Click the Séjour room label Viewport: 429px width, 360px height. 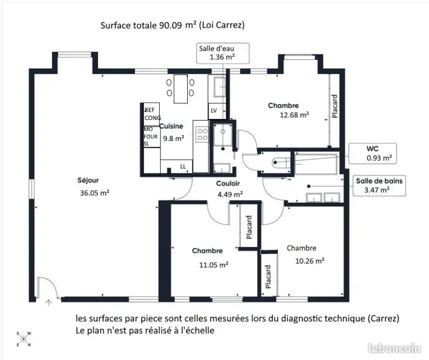[88, 181]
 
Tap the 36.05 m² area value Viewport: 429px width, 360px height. [95, 193]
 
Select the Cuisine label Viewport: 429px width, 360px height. [171, 126]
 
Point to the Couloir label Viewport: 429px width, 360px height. [228, 183]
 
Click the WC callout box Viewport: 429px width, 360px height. [372, 154]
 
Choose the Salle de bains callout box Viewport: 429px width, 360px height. [379, 185]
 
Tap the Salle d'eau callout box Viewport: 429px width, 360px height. [223, 53]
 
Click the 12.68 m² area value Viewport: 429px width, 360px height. [294, 115]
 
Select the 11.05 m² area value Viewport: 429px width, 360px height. [214, 265]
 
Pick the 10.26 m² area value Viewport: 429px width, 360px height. [310, 261]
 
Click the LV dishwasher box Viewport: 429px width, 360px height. [217, 111]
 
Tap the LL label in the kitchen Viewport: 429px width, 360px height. [183, 167]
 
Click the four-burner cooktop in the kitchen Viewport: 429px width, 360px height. [203, 134]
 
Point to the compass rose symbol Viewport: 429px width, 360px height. [24, 339]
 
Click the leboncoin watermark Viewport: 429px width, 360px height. [394, 348]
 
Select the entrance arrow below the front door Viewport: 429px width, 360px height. [49, 302]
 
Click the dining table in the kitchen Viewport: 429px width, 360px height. [181, 89]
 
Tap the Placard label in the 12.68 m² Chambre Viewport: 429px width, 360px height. [334, 106]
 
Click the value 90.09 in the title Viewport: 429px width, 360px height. [171, 25]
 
